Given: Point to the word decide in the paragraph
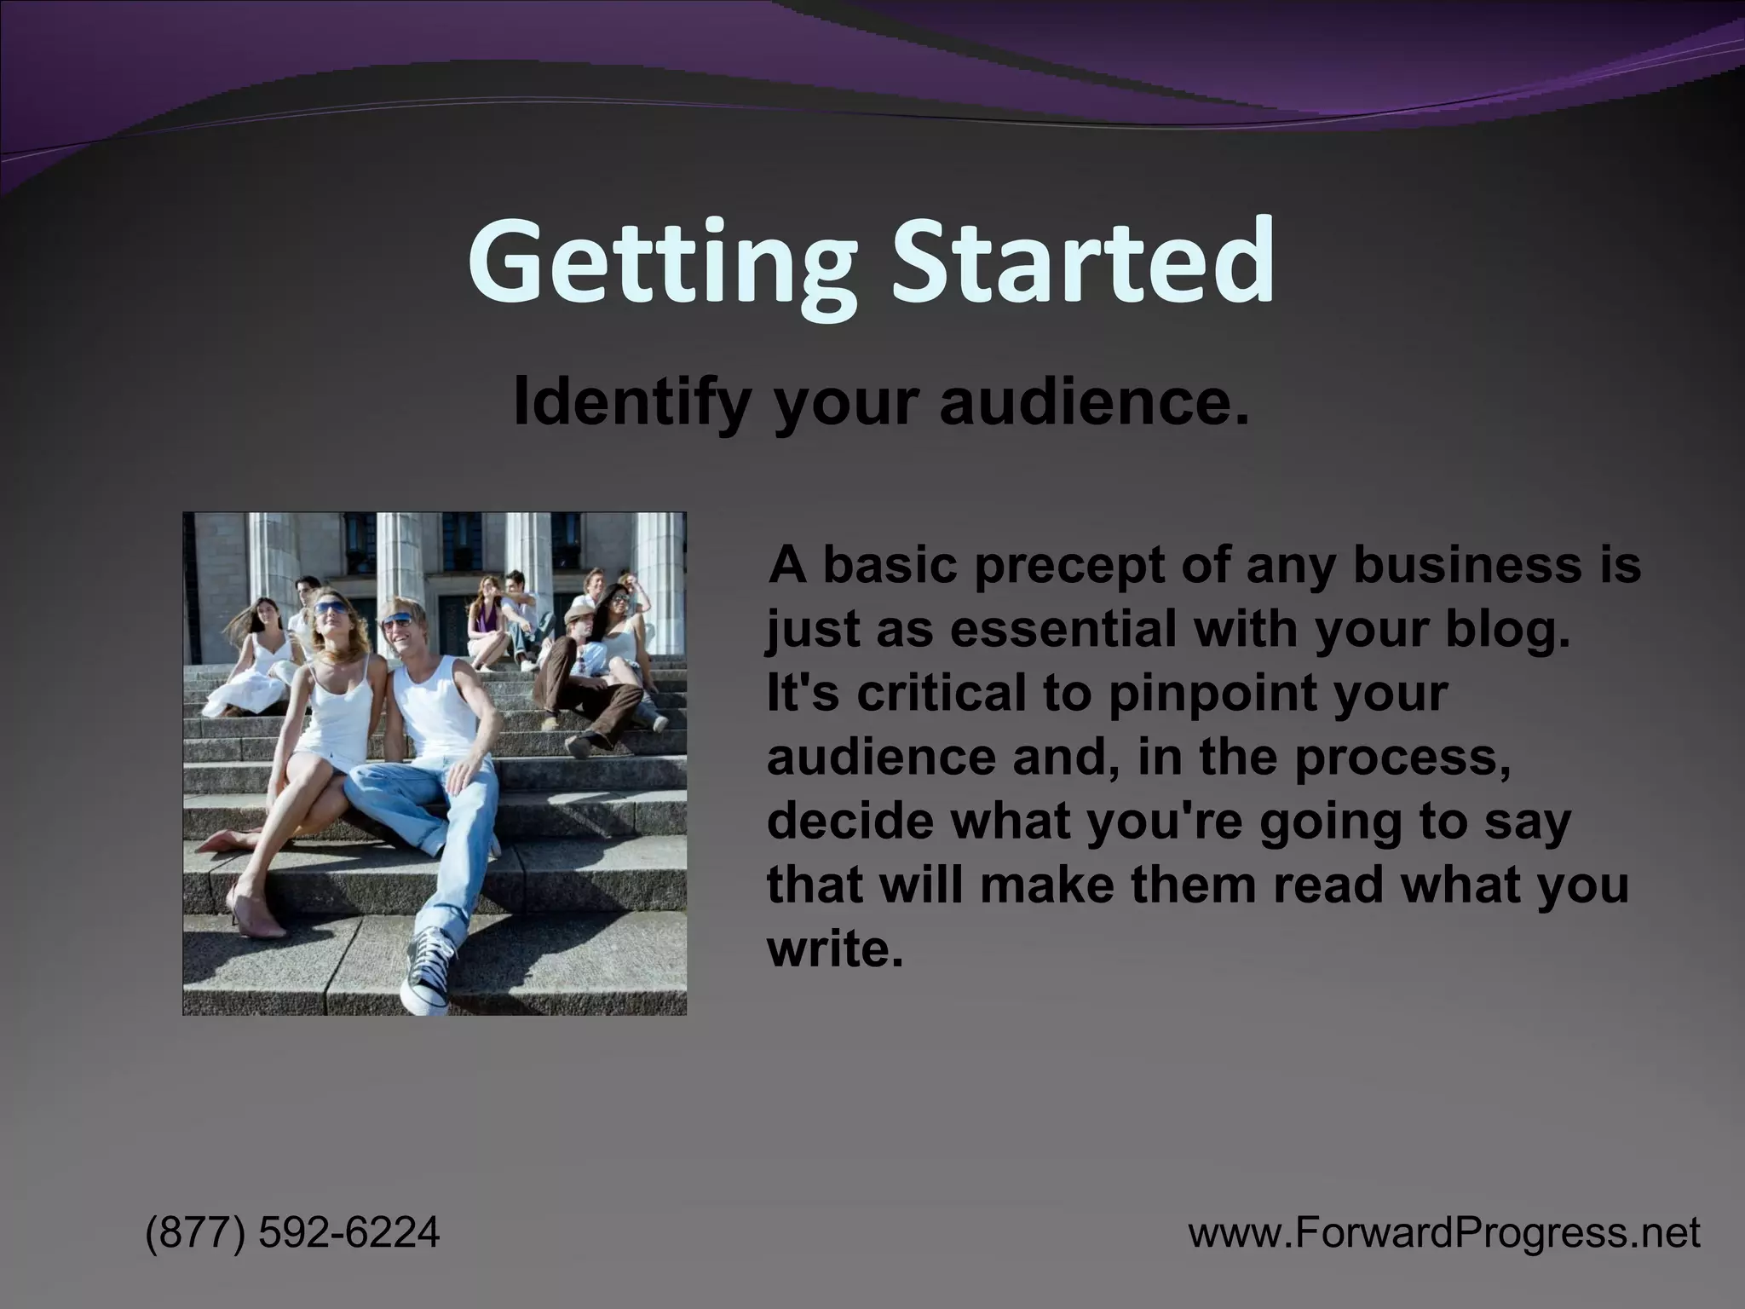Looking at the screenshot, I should click(848, 820).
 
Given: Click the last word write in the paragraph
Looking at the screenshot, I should click(832, 948).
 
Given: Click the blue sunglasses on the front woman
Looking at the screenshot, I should click(331, 608).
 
